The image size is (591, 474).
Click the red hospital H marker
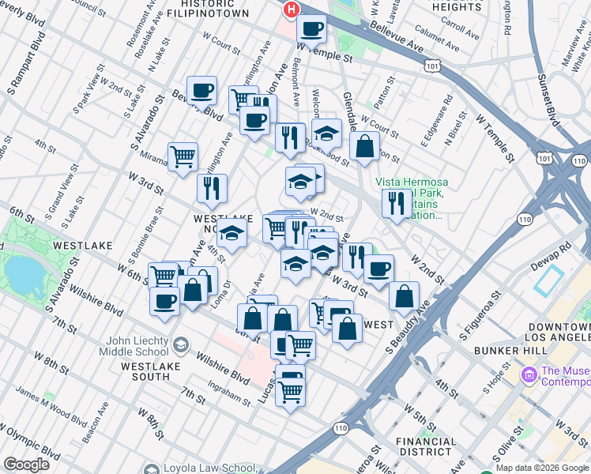pyautogui.click(x=292, y=9)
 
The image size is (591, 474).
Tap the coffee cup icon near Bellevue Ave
pyautogui.click(x=312, y=30)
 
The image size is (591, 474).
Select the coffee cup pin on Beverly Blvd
pyautogui.click(x=201, y=90)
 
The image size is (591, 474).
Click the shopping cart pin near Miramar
pyautogui.click(x=183, y=156)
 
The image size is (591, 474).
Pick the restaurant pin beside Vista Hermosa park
pyautogui.click(x=394, y=202)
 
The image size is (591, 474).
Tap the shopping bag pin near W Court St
pyautogui.click(x=364, y=147)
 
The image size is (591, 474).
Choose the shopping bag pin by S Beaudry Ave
pyautogui.click(x=404, y=296)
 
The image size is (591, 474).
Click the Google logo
pyautogui.click(x=25, y=465)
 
